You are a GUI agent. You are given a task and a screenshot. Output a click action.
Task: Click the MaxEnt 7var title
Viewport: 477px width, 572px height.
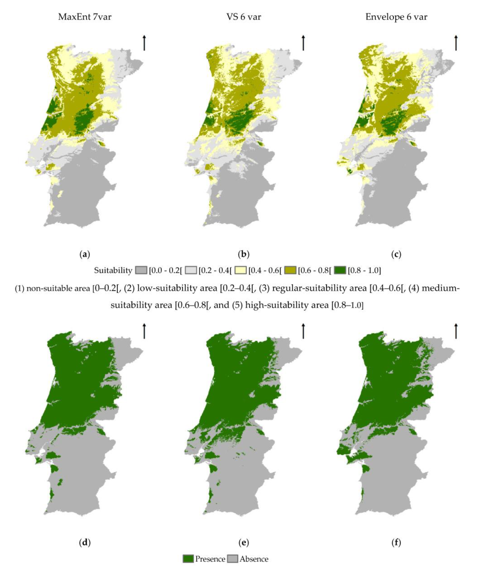[85, 17]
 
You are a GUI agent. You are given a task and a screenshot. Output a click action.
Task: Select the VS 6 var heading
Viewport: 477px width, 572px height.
[244, 17]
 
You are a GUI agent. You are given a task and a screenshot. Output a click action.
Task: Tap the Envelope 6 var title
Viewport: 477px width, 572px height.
[396, 17]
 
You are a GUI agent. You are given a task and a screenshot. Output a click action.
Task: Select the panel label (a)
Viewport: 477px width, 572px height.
[85, 254]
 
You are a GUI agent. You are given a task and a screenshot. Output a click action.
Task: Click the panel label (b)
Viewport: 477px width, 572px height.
[244, 254]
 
